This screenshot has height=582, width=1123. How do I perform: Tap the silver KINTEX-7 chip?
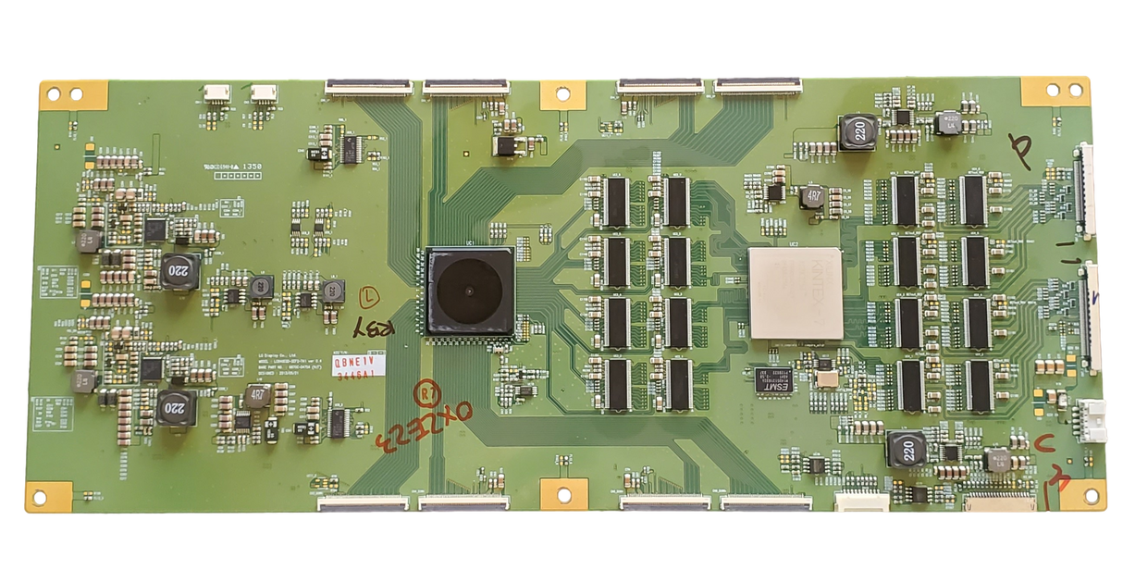coord(795,291)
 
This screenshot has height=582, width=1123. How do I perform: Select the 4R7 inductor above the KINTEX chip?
coord(814,196)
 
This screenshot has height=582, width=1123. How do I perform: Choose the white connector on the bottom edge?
coord(861,502)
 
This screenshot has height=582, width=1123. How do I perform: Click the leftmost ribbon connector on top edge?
coord(369,88)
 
